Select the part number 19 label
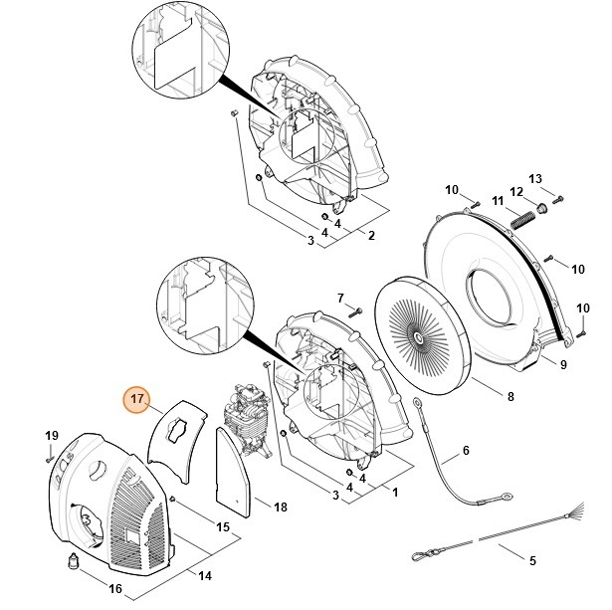[51, 438]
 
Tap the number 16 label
[115, 589]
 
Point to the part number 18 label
[281, 508]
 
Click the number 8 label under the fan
[510, 397]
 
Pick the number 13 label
[536, 179]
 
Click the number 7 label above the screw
[339, 298]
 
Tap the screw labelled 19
[50, 458]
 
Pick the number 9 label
[563, 365]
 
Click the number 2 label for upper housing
[371, 236]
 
